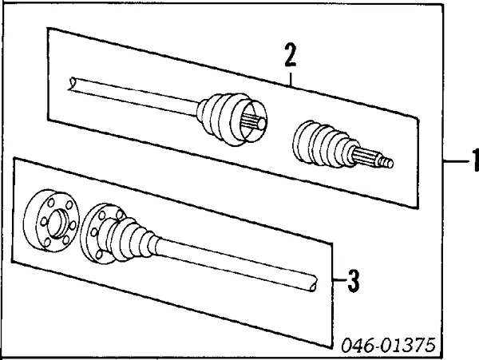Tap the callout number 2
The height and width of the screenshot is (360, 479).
point(291,56)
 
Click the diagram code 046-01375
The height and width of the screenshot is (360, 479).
point(390,345)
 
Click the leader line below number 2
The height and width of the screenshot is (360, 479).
point(291,78)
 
